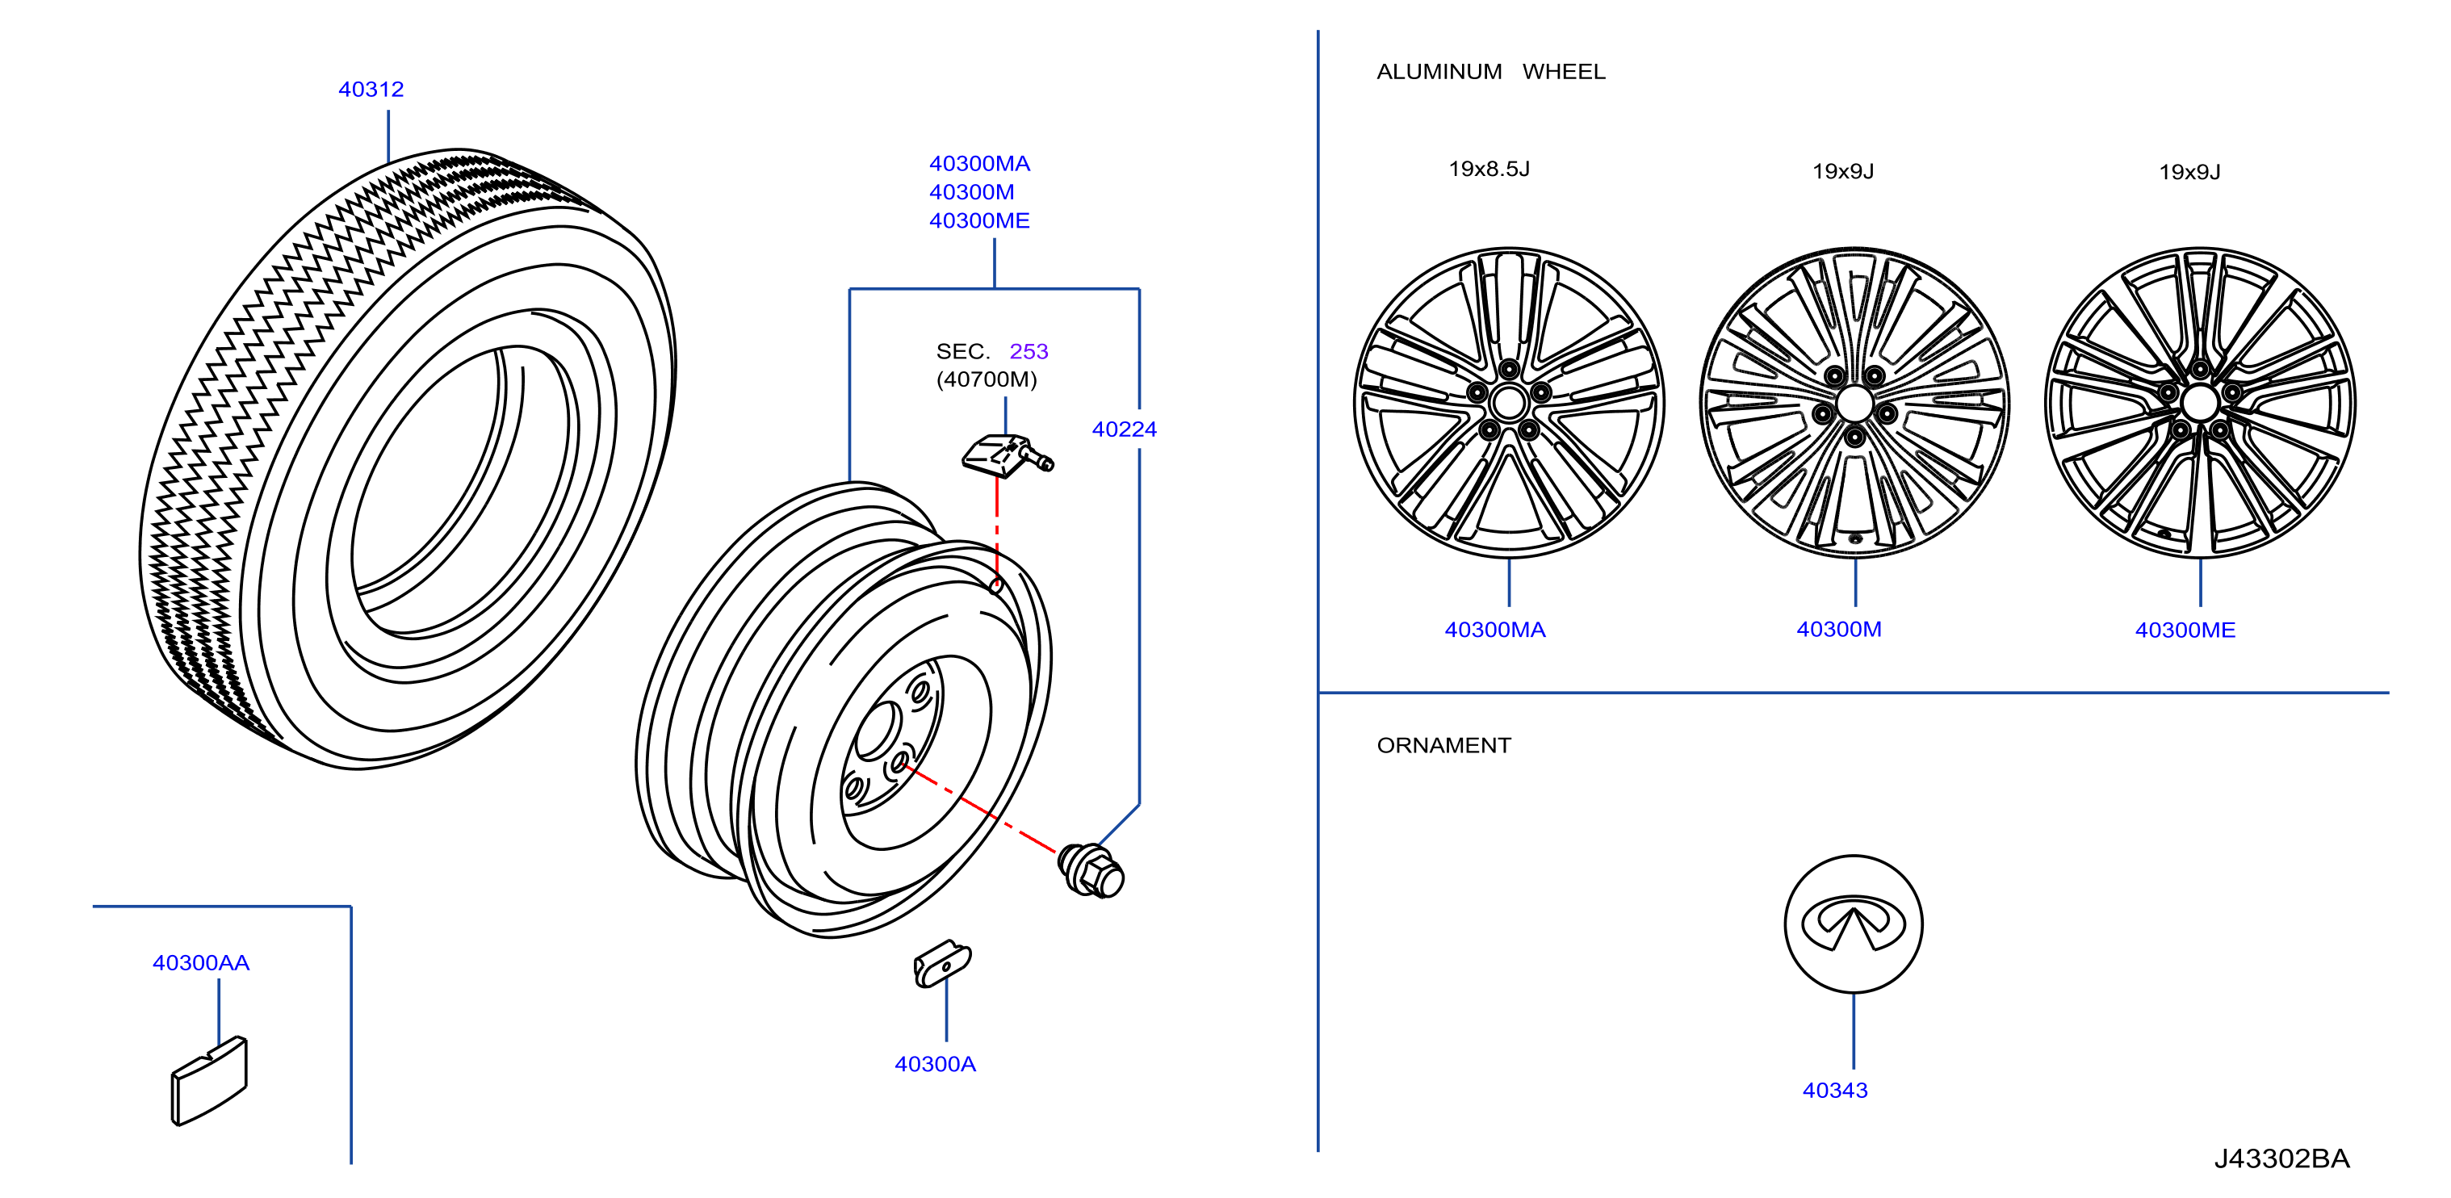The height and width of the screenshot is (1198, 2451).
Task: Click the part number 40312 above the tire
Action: [x=371, y=90]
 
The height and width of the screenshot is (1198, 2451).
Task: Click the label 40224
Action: [x=1124, y=429]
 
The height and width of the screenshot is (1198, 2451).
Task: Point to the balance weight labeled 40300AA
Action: [x=209, y=1081]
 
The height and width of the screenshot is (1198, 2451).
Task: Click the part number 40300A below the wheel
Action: [x=936, y=1064]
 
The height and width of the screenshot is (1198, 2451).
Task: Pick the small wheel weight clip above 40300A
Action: [x=942, y=964]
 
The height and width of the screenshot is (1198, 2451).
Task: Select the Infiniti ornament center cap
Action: [x=1853, y=924]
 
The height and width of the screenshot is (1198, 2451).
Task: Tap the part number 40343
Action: [x=1834, y=1091]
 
